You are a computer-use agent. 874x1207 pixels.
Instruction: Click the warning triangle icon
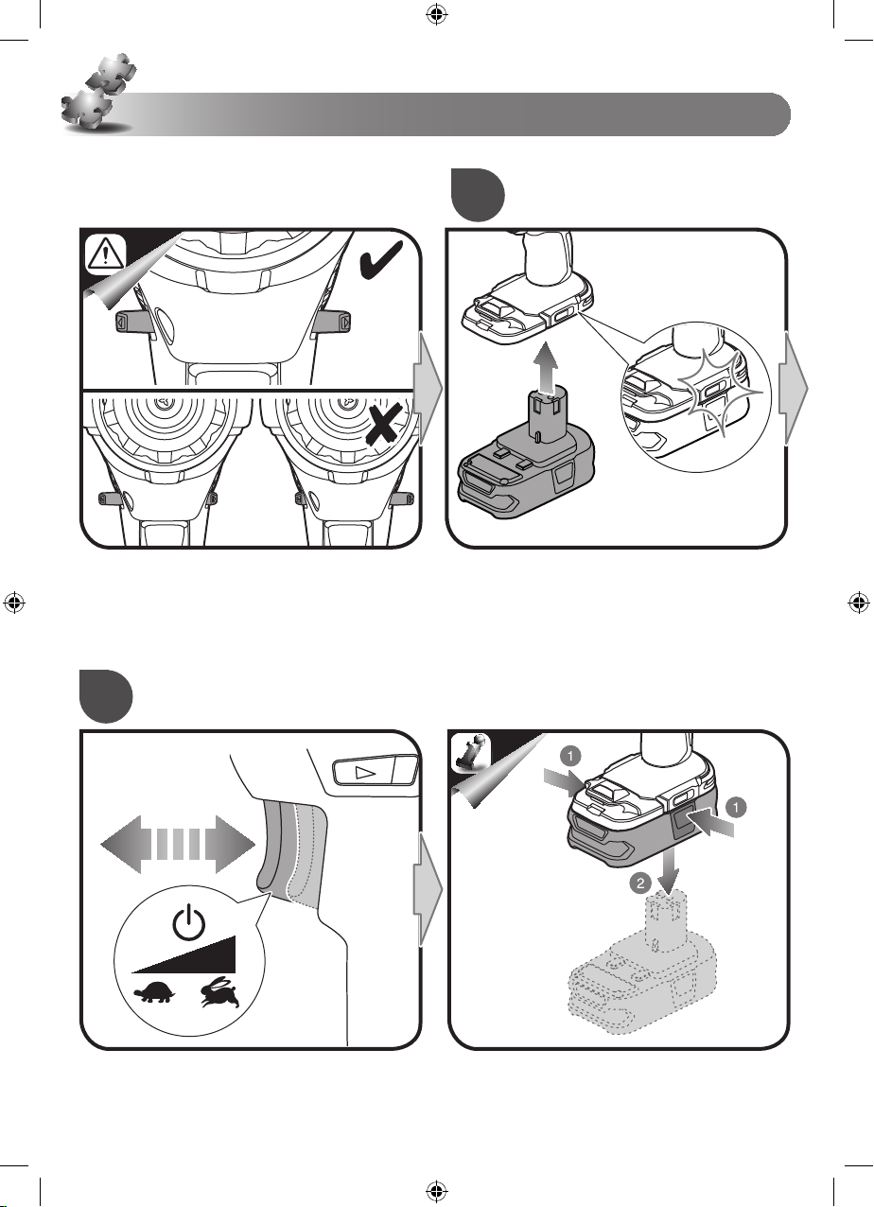[105, 253]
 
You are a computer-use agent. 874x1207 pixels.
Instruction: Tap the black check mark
[381, 260]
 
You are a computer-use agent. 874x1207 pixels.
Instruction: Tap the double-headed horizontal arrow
[178, 844]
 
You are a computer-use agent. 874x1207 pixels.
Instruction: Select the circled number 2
[640, 883]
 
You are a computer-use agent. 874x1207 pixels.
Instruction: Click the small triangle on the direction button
[365, 772]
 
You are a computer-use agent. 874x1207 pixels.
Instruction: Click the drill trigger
[292, 850]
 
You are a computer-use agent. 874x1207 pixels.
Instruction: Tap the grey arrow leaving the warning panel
[428, 389]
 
